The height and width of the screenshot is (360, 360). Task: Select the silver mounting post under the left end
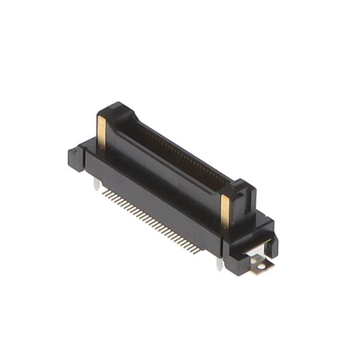(x=97, y=184)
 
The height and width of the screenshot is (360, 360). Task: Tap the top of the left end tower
(x=115, y=110)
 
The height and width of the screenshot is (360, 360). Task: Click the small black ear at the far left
(x=74, y=154)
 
